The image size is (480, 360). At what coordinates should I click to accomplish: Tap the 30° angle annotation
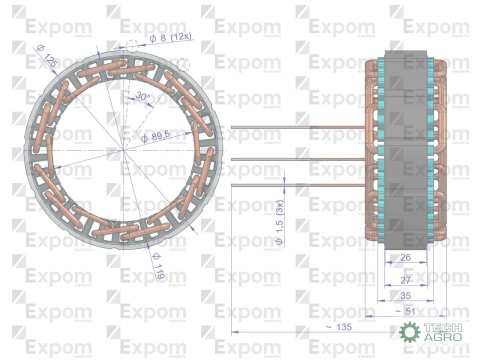click(x=144, y=97)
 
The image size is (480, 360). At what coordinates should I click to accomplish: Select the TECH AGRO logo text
click(x=445, y=334)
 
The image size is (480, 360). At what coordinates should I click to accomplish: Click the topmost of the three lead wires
click(x=300, y=127)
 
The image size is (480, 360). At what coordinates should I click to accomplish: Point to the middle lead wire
click(x=300, y=159)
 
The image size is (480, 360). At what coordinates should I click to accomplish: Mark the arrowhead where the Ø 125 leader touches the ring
click(x=63, y=74)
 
